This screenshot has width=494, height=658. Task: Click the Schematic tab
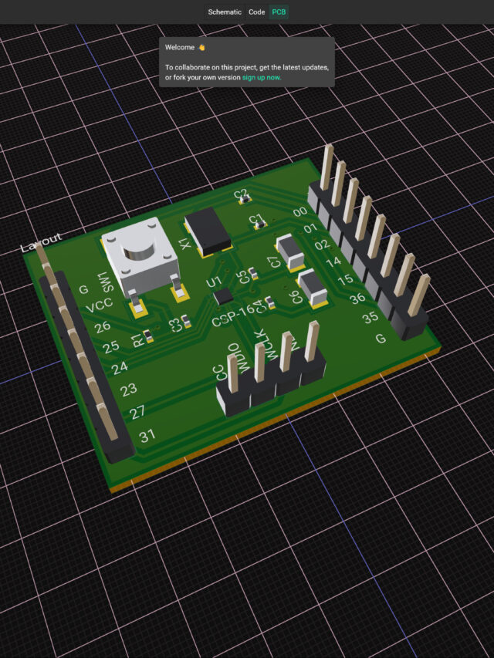coord(225,12)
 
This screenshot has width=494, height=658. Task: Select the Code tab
coord(257,12)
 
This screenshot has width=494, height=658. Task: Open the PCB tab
coord(279,12)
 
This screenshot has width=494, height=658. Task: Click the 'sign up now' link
coord(262,78)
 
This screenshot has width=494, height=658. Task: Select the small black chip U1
coord(224,296)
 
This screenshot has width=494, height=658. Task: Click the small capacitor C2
coord(245,199)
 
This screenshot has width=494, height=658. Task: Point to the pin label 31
coord(146,436)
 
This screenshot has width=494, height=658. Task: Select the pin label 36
coord(357,298)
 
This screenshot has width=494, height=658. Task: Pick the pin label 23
coord(129,390)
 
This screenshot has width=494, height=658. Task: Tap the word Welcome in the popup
coord(180,47)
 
